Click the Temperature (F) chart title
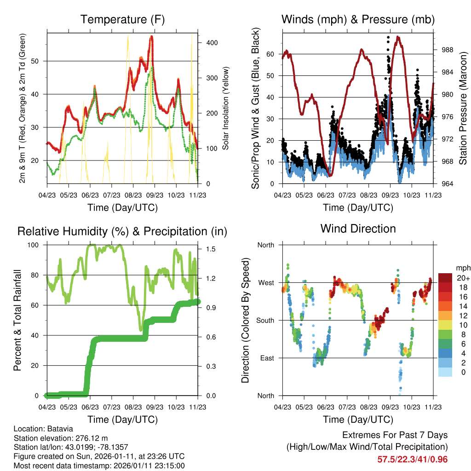[122, 20]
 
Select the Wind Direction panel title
[358, 229]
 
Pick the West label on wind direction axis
[266, 282]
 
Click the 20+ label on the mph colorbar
[463, 278]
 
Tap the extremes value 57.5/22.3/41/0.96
[413, 460]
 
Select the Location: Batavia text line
[43, 429]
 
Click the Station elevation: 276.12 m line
[61, 438]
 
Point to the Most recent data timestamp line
[99, 465]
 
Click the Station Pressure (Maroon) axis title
[463, 108]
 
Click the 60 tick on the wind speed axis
[270, 54]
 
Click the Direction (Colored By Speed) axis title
[245, 320]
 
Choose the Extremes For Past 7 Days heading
[395, 435]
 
